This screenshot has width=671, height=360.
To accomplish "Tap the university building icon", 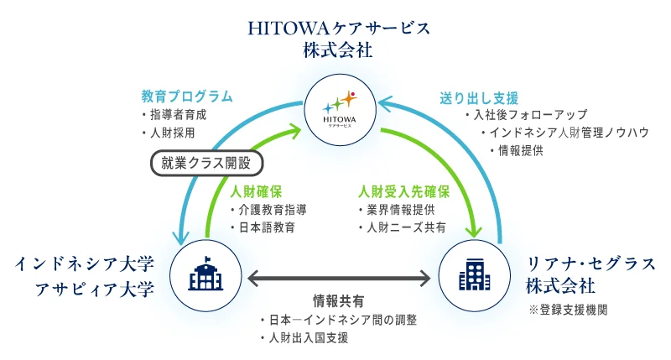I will (205, 274).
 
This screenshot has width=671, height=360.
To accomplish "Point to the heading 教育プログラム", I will (187, 97).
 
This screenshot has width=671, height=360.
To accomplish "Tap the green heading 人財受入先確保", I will (404, 190).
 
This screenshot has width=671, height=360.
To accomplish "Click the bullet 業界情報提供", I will (399, 209).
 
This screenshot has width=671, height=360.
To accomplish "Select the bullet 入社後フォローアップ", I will (529, 115).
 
